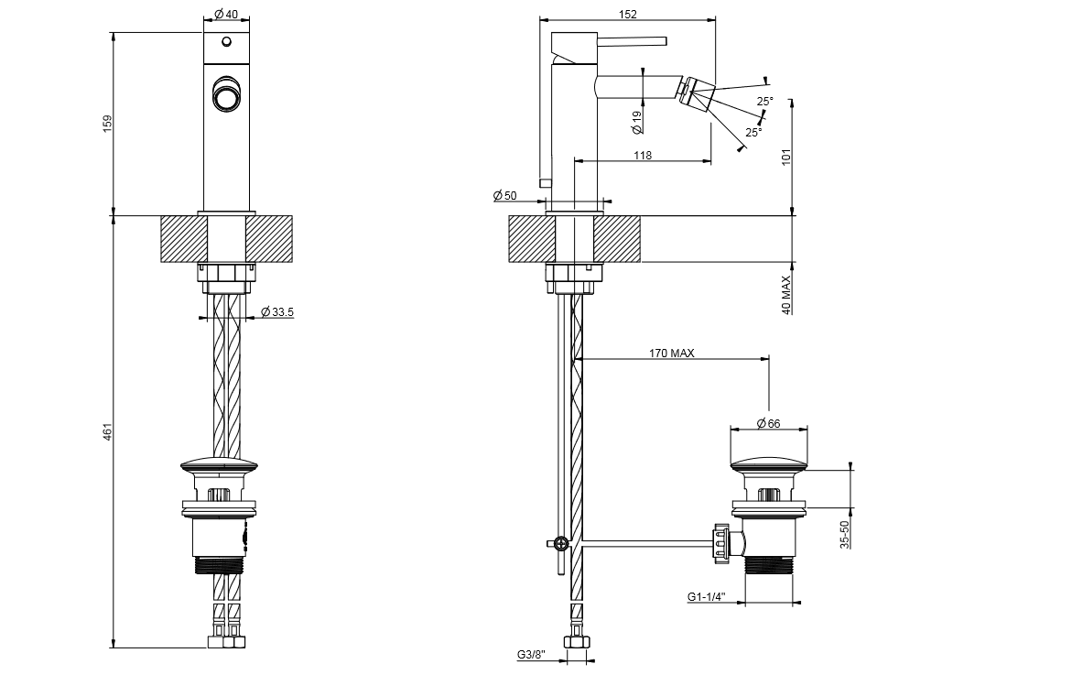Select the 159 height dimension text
point(107,123)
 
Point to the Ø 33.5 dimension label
point(276,312)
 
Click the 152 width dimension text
point(627,15)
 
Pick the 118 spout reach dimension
point(643,156)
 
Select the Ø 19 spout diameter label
point(636,117)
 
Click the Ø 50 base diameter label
point(504,196)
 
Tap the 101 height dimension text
point(786,155)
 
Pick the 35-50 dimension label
point(845,533)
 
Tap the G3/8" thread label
point(531,655)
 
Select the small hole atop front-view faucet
point(224,42)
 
